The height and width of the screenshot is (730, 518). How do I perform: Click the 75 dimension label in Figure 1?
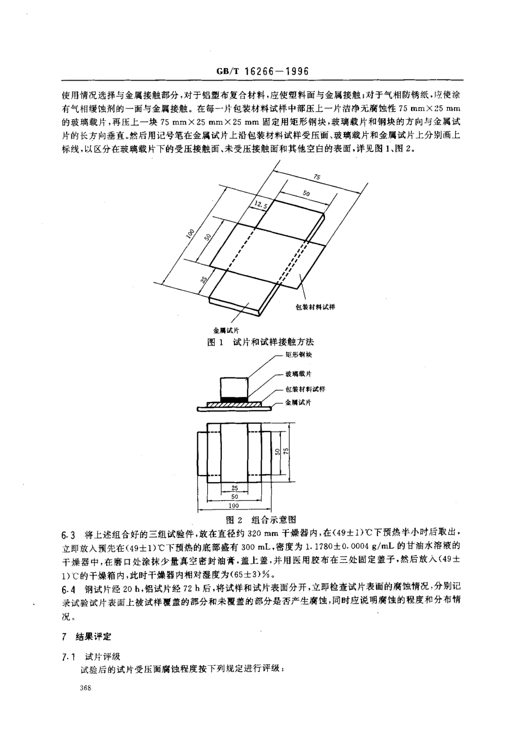click(x=317, y=177)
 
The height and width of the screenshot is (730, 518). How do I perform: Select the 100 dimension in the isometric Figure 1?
click(x=190, y=234)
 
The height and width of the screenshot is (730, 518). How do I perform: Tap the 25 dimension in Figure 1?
click(x=203, y=280)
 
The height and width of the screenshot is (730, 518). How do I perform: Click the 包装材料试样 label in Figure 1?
click(x=315, y=307)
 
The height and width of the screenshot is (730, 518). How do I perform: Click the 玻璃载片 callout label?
click(x=299, y=374)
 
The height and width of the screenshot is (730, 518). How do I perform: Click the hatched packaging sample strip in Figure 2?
click(x=234, y=404)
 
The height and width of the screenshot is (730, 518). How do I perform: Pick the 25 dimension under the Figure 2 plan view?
click(x=234, y=489)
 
